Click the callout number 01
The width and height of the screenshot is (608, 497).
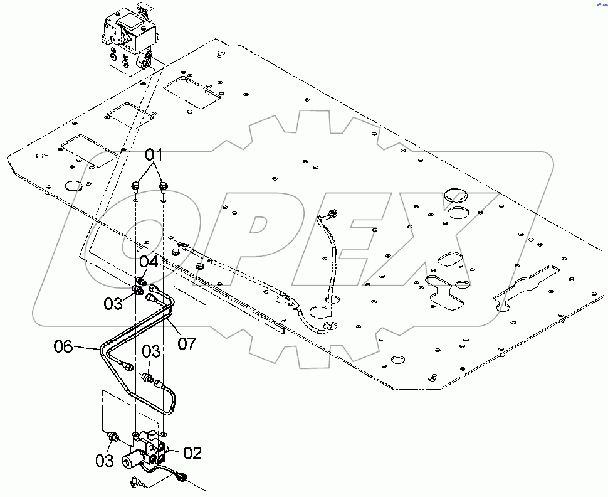pos(154,154)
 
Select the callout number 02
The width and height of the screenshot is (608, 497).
pos(192,453)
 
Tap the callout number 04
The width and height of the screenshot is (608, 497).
pos(148,262)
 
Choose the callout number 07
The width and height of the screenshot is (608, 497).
pos(187,343)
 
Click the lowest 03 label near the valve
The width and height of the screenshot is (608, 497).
pos(105,461)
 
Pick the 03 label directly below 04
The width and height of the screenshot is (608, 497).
pos(113,304)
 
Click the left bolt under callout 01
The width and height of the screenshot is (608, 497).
pos(135,185)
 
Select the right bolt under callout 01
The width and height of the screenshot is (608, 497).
pos(164,185)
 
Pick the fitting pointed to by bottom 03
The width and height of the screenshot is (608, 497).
pos(113,437)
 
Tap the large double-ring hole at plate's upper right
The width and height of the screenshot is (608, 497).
pos(456,196)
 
